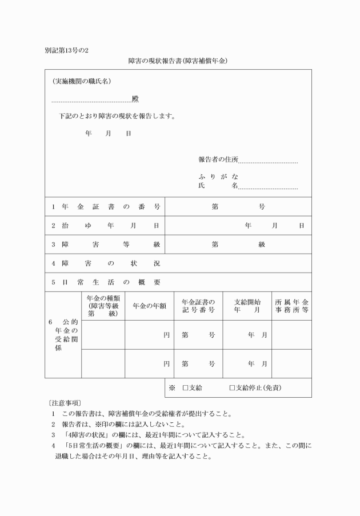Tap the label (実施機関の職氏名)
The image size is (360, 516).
click(x=81, y=82)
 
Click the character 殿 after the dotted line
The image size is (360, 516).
click(x=135, y=99)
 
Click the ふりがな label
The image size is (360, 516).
click(x=218, y=176)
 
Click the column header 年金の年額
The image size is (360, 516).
click(x=149, y=306)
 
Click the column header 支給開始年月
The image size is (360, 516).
click(x=247, y=306)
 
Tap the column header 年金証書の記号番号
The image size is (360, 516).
click(x=198, y=306)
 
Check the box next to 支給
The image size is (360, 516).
click(x=185, y=388)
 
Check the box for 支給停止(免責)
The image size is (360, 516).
click(x=232, y=388)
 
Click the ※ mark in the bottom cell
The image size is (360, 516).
click(x=171, y=388)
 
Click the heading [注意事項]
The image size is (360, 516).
click(x=65, y=403)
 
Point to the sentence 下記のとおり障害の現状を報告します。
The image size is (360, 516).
click(x=117, y=116)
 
